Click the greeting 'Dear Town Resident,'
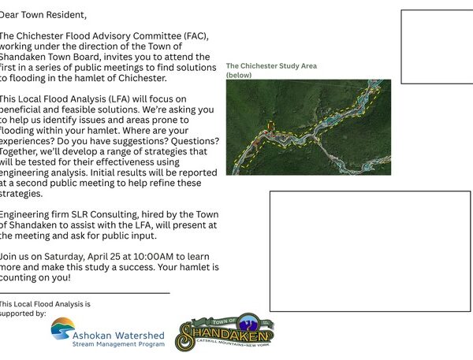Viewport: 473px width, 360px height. tap(43, 15)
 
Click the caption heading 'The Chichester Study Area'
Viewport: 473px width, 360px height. tap(271, 66)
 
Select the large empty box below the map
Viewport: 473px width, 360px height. tap(370, 251)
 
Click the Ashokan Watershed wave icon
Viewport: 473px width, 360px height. tap(63, 328)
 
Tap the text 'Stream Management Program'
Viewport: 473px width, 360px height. tap(118, 344)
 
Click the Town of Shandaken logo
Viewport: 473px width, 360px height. tap(225, 332)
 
